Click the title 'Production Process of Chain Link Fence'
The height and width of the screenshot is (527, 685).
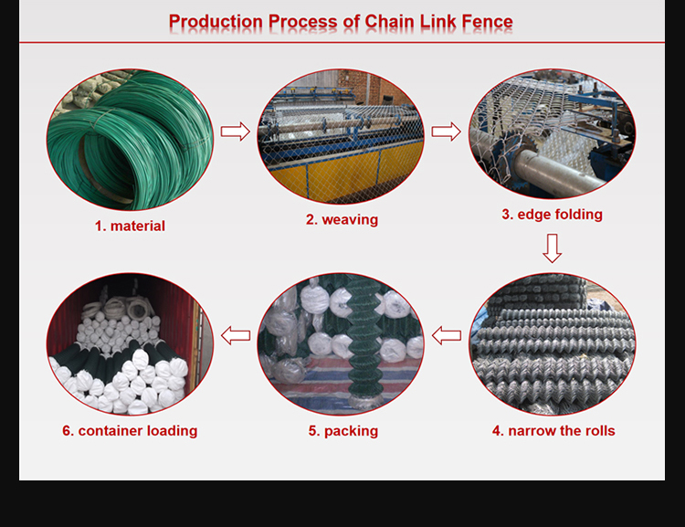point(341,21)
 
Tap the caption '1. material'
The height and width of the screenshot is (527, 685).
point(130,225)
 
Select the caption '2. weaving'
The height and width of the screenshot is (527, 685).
point(341,219)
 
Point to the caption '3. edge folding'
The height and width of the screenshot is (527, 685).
point(552,215)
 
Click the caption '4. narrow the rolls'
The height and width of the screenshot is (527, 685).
point(553,430)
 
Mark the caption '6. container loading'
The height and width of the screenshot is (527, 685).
point(130,430)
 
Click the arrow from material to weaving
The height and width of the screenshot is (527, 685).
point(236,132)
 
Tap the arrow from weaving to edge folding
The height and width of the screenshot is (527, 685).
point(446,132)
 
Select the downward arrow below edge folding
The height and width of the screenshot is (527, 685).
point(552,248)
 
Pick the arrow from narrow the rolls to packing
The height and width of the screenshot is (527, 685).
point(447,335)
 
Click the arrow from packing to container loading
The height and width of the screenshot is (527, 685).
point(236,335)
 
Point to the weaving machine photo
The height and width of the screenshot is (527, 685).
point(341,136)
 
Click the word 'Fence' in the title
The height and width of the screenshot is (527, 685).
point(483,21)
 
